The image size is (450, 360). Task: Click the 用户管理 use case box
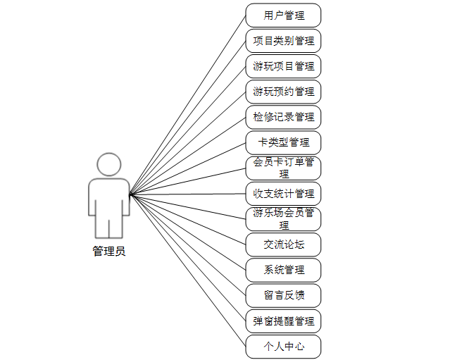point(283,15)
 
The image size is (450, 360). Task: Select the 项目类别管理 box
point(283,40)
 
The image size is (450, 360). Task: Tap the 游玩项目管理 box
point(283,66)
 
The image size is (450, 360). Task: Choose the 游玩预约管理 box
point(283,92)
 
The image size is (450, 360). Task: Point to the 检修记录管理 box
point(283,117)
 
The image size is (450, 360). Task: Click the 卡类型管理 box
point(283,142)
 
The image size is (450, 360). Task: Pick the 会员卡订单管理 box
point(283,168)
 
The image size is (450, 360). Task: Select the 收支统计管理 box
point(283,193)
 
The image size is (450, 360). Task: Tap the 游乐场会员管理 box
point(283,218)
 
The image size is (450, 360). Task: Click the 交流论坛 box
point(283,244)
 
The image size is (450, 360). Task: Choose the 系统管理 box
point(283,270)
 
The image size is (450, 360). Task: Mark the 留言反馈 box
point(283,295)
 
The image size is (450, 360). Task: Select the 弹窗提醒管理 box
point(283,321)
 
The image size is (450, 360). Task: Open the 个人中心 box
point(283,347)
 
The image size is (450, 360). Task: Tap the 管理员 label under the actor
point(108,252)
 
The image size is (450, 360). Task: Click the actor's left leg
point(102,227)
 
